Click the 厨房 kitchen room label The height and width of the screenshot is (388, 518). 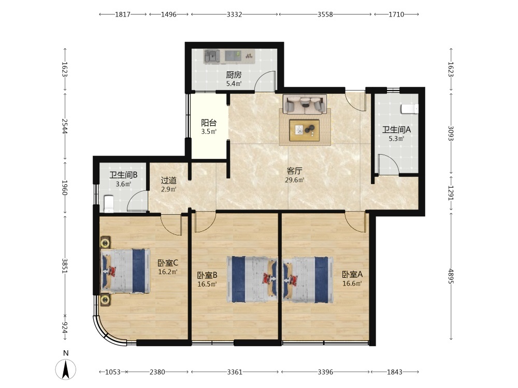tap(234, 75)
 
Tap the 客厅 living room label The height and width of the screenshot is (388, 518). tap(294, 171)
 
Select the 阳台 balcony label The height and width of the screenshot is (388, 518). tap(209, 123)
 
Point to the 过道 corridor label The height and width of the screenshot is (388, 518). tap(168, 181)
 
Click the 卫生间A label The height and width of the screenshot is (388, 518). tap(396, 130)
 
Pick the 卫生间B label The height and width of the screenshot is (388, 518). tap(123, 175)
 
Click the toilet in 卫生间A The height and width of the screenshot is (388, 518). tap(410, 109)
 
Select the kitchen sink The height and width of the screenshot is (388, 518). tap(212, 56)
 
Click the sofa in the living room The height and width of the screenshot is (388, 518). tap(305, 104)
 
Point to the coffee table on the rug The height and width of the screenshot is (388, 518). tap(304, 130)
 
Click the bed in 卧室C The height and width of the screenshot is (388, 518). tap(125, 271)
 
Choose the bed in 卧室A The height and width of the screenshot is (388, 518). tap(308, 280)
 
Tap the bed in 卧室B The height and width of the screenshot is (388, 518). tap(252, 279)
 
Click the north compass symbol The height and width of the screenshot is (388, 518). tap(66, 369)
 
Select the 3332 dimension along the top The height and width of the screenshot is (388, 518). tap(234, 14)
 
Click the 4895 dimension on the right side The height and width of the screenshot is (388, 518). tap(451, 276)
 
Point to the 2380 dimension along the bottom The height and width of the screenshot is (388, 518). tap(157, 372)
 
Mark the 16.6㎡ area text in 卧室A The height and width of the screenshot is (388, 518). tap(352, 283)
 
